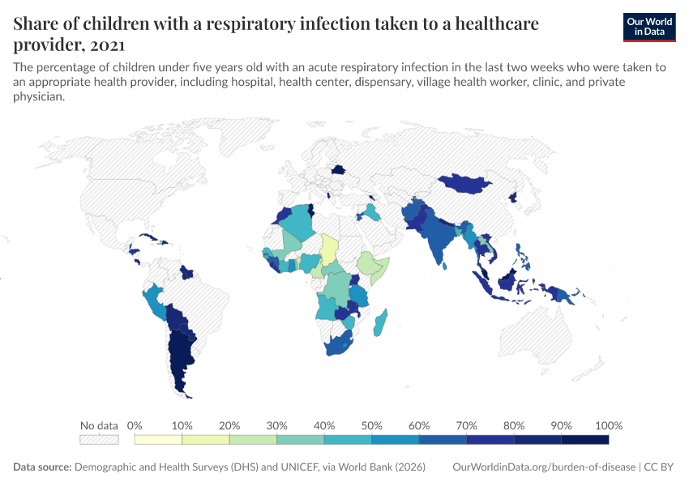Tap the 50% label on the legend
click(x=371, y=425)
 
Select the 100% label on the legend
click(x=609, y=425)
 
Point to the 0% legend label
click(x=135, y=425)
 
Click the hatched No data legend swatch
click(x=99, y=439)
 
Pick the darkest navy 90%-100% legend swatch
click(x=584, y=439)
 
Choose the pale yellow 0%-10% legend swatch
click(x=158, y=439)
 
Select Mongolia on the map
click(x=466, y=183)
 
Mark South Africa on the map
click(x=343, y=344)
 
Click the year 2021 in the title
click(x=105, y=45)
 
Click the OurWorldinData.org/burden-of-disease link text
click(x=544, y=467)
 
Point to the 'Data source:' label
click(x=42, y=467)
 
